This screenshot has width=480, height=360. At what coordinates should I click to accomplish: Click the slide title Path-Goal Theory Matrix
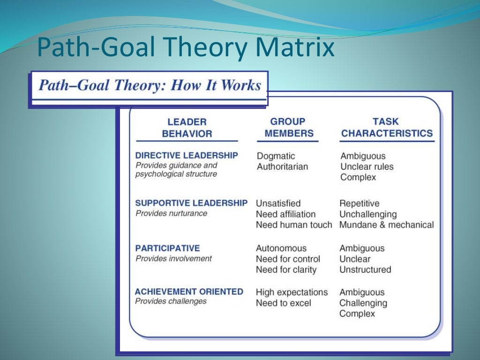pyautogui.click(x=186, y=48)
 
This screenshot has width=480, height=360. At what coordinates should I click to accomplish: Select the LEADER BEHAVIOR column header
pyautogui.click(x=187, y=127)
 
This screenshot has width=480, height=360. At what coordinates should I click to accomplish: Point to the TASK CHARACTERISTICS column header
pyautogui.click(x=387, y=127)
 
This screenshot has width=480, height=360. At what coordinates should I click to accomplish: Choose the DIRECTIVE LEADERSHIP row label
pyautogui.click(x=187, y=155)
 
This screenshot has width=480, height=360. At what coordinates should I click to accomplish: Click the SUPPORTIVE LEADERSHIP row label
pyautogui.click(x=191, y=203)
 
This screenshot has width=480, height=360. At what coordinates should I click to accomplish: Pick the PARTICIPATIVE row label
pyautogui.click(x=167, y=248)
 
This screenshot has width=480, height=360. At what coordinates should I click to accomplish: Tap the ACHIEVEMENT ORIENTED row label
pyautogui.click(x=189, y=292)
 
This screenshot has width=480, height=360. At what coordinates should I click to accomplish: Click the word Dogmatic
pyautogui.click(x=276, y=156)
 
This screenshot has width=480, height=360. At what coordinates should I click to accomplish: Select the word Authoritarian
pyautogui.click(x=282, y=167)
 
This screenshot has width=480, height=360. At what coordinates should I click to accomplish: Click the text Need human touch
pyautogui.click(x=294, y=225)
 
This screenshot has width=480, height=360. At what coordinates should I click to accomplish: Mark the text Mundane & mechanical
pyautogui.click(x=387, y=225)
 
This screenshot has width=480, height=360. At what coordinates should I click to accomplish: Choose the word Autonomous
pyautogui.click(x=281, y=248)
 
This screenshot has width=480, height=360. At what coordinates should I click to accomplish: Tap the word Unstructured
pyautogui.click(x=365, y=270)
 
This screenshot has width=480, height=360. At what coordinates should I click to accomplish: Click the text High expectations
pyautogui.click(x=292, y=292)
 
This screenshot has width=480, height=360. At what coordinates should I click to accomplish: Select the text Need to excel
pyautogui.click(x=283, y=303)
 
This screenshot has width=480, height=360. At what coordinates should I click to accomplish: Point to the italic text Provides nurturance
pyautogui.click(x=171, y=213)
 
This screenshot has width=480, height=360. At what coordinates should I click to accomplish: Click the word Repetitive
pyautogui.click(x=360, y=203)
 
